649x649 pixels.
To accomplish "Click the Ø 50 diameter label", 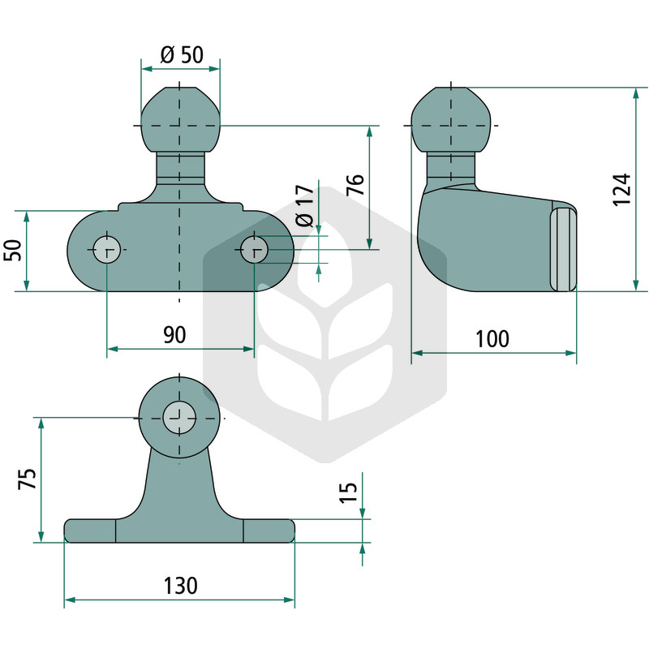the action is tap(182, 54).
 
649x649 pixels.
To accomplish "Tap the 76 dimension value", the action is tap(355, 185).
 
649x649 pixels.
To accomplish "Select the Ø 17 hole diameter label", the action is tap(305, 206).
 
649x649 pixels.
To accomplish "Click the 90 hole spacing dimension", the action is tap(174, 335).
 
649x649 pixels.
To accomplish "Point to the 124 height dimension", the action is tap(621, 190).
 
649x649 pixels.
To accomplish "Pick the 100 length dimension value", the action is tap(492, 339).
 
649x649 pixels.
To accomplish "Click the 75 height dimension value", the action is tap(28, 479).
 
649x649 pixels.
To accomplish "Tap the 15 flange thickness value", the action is tap(348, 492).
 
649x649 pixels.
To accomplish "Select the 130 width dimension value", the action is tap(180, 586).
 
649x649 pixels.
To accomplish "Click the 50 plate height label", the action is tap(12, 250).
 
